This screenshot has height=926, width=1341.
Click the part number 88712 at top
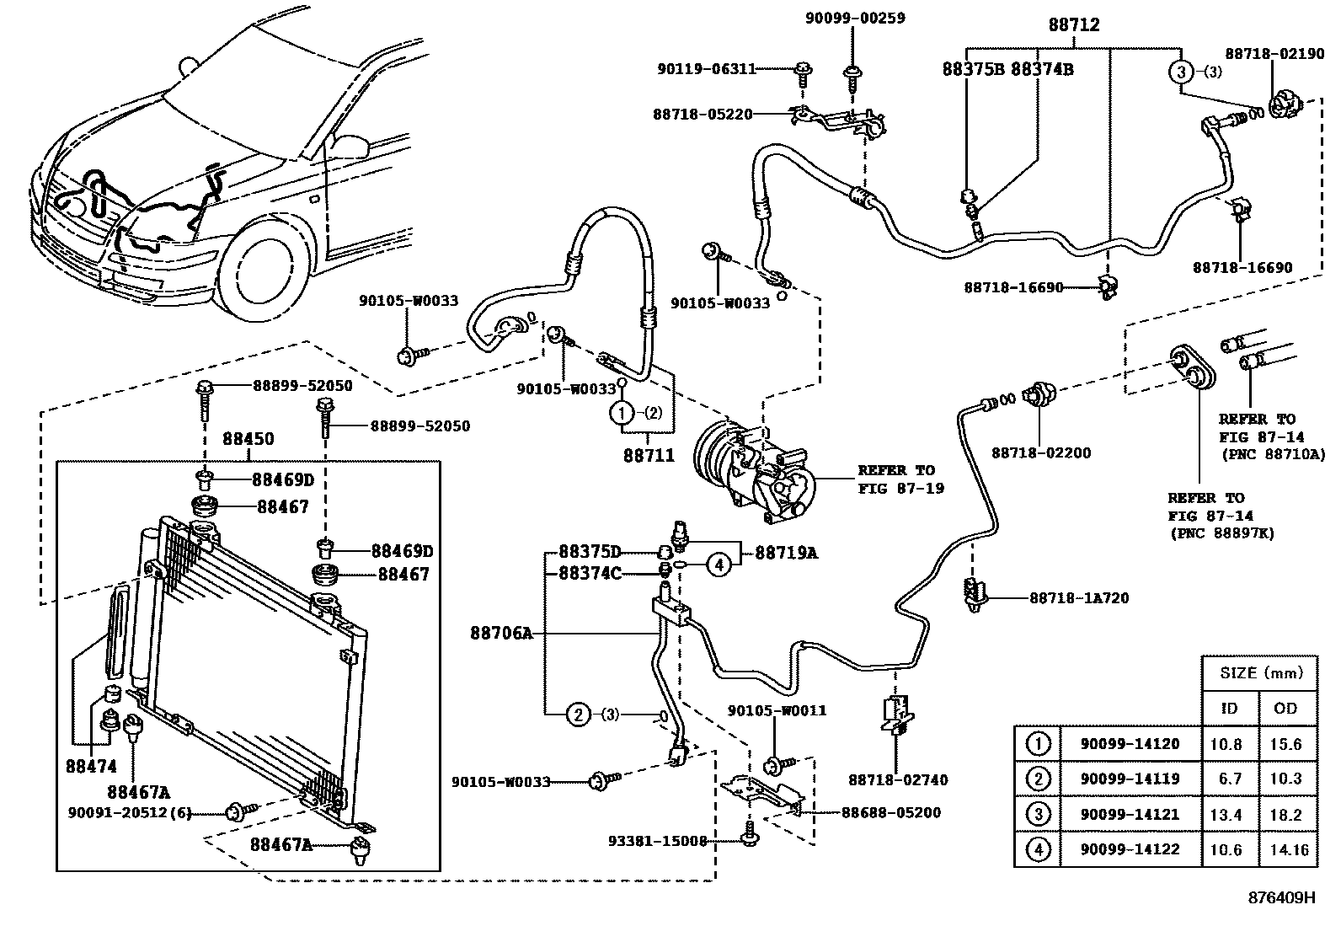pos(1074,25)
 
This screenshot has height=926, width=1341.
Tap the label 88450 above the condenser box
pos(248,440)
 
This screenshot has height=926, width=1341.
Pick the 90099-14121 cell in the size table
pos(1130,814)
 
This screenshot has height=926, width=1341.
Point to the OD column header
pos(1285,708)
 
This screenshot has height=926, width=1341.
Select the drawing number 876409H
pos(1281,897)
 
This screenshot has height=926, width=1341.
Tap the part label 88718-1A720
pos(1079,598)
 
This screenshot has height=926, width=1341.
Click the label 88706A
pos(501,633)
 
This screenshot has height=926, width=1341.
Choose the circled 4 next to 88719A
pos(718,565)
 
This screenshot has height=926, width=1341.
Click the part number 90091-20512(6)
pos(130,813)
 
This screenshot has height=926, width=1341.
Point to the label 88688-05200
pos(891,812)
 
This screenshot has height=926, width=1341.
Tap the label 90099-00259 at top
pos(854,17)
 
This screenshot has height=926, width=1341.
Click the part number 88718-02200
pos(1040,452)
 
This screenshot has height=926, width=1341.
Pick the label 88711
pos(649,455)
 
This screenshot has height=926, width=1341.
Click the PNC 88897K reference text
pos(1221,533)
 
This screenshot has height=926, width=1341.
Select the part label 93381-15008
pos(657,840)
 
